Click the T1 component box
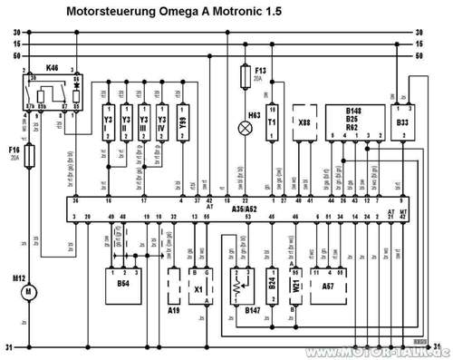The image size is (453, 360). pos(272,127)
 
